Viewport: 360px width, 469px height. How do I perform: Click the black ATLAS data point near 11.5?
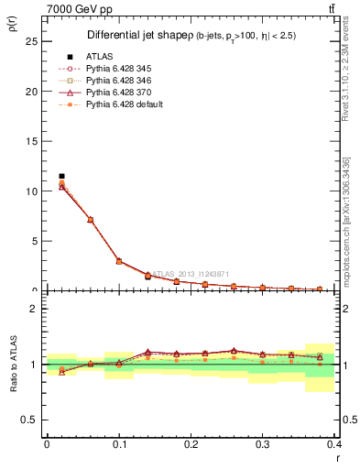click(61, 176)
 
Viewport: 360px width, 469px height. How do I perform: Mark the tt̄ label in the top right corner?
click(342, 9)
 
